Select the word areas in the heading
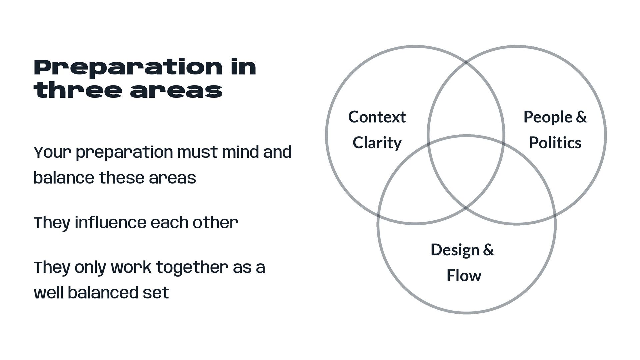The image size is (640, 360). click(x=176, y=91)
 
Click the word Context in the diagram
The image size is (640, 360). click(x=377, y=117)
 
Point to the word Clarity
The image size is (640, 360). click(x=377, y=143)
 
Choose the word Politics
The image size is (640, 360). click(x=555, y=143)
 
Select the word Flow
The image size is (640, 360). click(x=464, y=276)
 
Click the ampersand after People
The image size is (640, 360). click(x=581, y=117)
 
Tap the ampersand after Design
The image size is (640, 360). click(x=488, y=250)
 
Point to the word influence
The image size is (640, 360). click(x=110, y=223)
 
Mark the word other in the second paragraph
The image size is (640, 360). click(x=215, y=223)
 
